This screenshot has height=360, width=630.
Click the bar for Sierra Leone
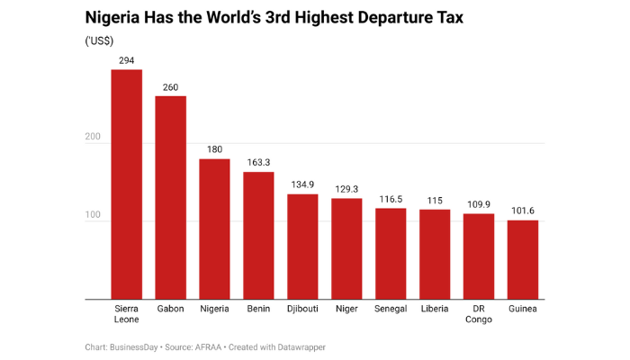click(126, 184)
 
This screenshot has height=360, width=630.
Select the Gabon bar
click(170, 198)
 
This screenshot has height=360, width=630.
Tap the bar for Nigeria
click(214, 229)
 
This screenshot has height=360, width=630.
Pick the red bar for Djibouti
click(302, 247)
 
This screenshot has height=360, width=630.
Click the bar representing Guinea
click(522, 260)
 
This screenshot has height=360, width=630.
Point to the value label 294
click(126, 59)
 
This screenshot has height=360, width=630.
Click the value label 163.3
click(258, 162)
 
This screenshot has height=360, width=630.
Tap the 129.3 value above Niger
click(346, 189)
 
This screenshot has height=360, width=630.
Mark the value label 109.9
click(478, 204)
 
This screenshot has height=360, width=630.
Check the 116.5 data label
click(391, 199)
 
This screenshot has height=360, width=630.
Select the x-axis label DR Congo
click(478, 314)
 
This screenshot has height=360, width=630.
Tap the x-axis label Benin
click(258, 309)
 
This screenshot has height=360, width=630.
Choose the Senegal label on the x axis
click(391, 309)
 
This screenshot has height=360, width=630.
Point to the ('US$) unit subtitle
click(99, 40)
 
